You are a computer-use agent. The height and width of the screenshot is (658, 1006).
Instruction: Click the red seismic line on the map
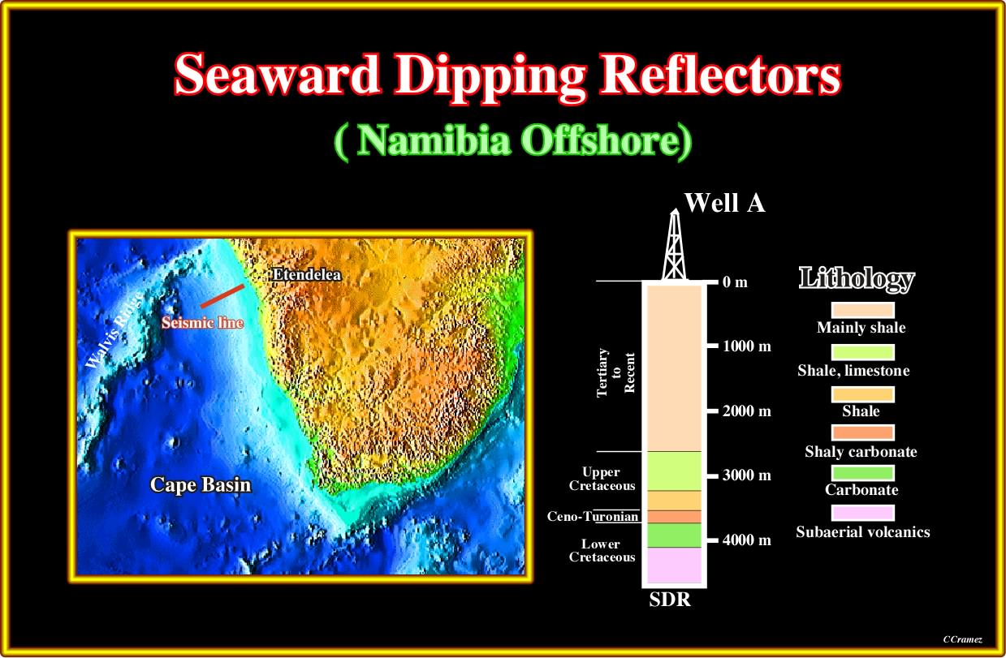pos(222,296)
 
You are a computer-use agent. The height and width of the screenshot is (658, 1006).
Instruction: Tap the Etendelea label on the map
pos(307,275)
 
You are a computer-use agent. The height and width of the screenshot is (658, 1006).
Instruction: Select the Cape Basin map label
pos(201,484)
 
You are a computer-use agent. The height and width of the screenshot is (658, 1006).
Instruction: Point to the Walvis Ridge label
pos(114,330)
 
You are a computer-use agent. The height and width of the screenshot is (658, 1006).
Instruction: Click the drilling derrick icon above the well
pos(675,244)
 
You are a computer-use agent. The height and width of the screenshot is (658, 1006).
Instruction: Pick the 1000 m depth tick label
pos(747,346)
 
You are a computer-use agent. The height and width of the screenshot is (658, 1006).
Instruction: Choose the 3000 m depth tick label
pos(747,475)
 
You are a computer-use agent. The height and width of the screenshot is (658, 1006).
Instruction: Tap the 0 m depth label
pos(735,282)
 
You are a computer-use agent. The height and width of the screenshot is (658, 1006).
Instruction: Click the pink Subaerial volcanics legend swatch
pos(863,513)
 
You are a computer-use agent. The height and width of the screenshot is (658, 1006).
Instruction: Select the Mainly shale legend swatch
pos(863,310)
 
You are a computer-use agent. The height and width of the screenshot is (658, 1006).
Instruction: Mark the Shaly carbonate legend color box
pos(863,432)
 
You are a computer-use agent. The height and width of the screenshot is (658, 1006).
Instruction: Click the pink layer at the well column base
pos(674,565)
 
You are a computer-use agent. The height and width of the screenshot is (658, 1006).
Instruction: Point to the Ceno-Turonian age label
pos(593,517)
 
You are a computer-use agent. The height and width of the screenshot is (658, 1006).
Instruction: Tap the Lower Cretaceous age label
pos(602,550)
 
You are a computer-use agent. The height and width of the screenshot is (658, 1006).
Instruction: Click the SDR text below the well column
pos(670,600)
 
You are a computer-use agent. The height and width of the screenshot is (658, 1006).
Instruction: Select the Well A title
pos(724,203)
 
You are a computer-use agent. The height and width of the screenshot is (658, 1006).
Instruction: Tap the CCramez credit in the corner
pos(962,639)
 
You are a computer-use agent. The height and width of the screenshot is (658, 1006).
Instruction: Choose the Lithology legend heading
pos(857,279)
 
